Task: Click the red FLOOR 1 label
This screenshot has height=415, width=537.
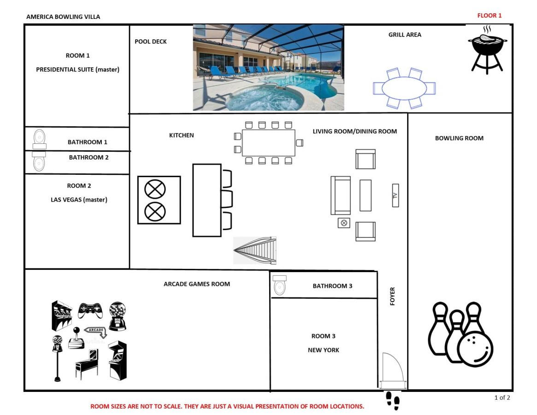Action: pos(489,15)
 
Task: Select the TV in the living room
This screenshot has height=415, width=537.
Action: pos(395,196)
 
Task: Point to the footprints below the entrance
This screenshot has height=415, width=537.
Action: pos(392,401)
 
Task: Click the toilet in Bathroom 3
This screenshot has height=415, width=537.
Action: pos(280,285)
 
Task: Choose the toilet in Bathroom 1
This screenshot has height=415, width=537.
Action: pos(39,139)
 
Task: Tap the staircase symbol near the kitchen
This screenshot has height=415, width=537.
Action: pos(255,250)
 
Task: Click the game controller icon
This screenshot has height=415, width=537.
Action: pos(90,310)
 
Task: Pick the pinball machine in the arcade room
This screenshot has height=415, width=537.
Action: pos(87,364)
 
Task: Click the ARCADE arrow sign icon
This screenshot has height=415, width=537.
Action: pos(96,332)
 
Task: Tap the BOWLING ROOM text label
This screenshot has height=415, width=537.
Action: pos(459,138)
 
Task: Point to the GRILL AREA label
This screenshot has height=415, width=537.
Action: pos(405,35)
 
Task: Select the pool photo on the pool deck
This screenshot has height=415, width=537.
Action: pos(268,67)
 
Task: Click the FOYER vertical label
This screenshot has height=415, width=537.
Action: pos(392,296)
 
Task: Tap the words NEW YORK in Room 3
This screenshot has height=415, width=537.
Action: pos(323,350)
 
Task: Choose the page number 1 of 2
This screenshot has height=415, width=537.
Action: pos(502,397)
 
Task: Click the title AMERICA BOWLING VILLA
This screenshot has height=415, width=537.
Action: pos(63,17)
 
